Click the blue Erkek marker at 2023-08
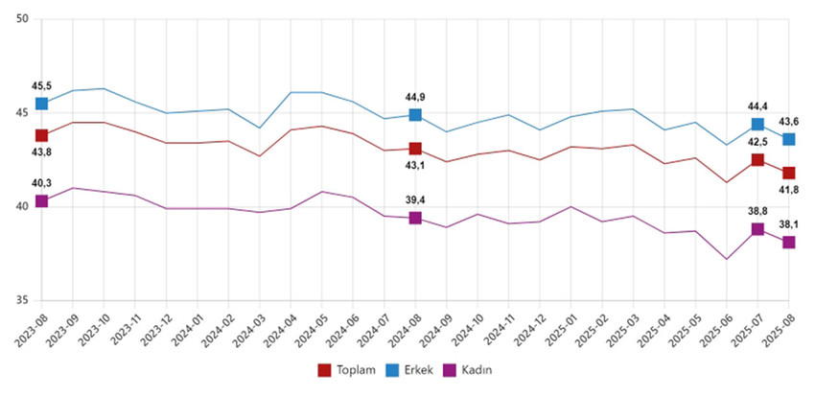coord(42,104)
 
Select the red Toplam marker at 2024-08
coord(415,149)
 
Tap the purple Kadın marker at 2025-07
coord(757,229)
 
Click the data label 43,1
coord(414,165)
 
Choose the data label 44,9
coord(415,96)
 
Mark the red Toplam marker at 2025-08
coord(788,173)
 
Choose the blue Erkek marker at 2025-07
coord(757,125)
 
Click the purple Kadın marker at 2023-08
coord(42,201)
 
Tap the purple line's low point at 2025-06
coord(727,259)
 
